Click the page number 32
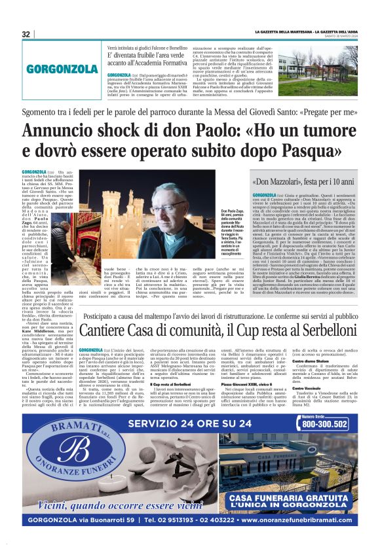click(26, 34)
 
